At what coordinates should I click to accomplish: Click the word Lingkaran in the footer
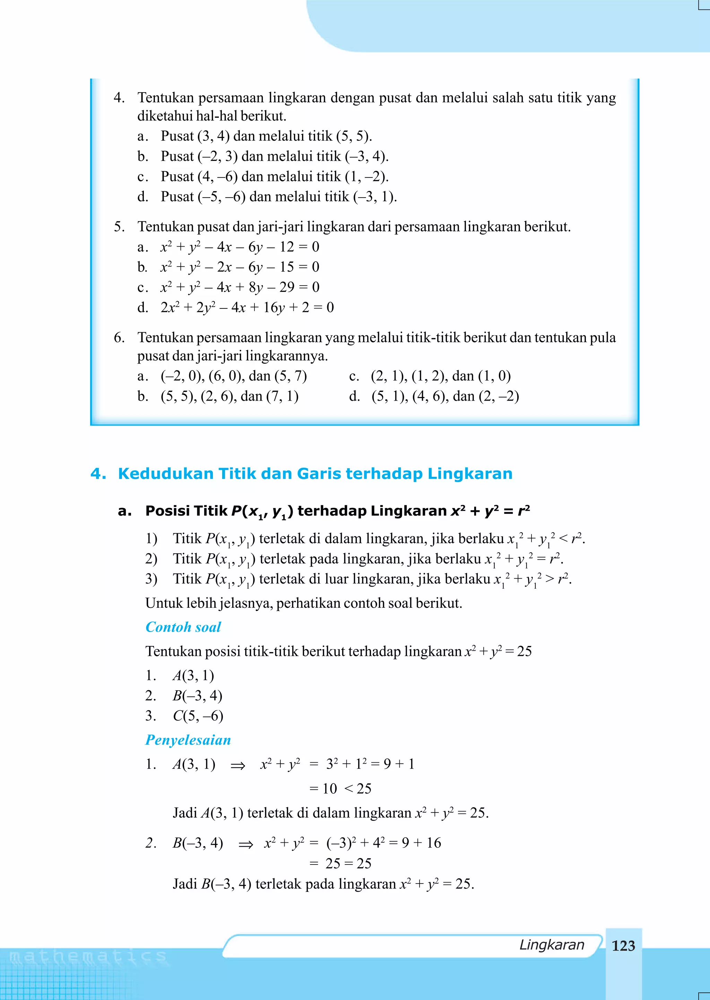[x=551, y=945]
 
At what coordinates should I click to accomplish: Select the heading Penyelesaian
[x=188, y=740]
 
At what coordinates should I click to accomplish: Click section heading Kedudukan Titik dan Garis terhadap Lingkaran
[x=315, y=474]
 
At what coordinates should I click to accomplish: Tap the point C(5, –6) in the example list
[x=198, y=716]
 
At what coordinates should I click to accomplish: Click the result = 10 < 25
[x=340, y=789]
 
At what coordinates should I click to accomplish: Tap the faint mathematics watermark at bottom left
[x=87, y=957]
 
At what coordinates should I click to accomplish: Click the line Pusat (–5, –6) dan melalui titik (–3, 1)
[x=278, y=196]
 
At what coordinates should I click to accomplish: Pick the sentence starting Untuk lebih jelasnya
[x=303, y=603]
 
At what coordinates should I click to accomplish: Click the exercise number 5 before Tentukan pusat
[x=119, y=227]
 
